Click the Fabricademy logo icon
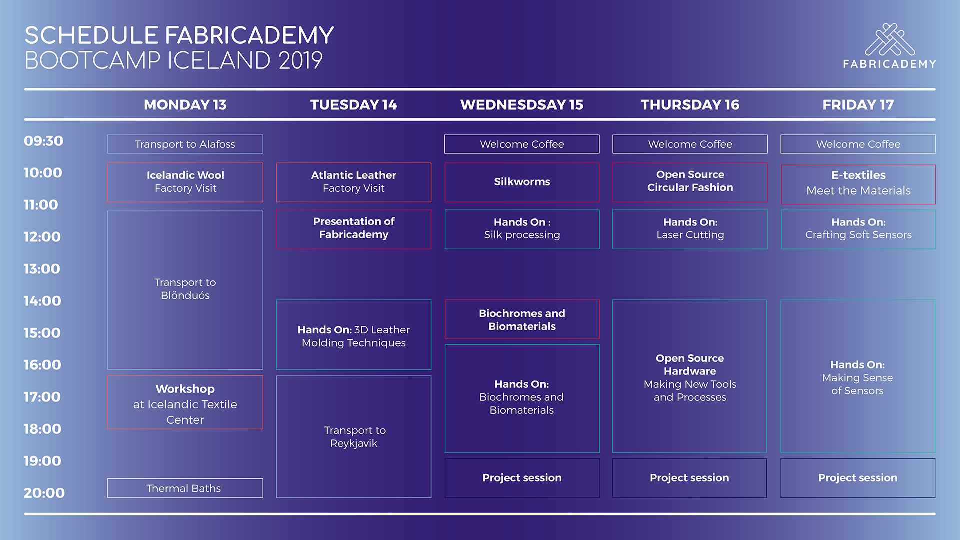pos(890,40)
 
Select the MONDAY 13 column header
pos(185,105)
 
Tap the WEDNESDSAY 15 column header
pos(521,105)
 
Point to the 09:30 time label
pos(43,141)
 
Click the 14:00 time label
pos(42,301)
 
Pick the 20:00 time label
pos(44,493)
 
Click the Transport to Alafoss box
pos(185,144)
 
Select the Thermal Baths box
pos(185,488)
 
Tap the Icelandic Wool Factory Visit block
pos(185,182)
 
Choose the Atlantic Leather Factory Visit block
pos(353,182)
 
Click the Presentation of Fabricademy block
pos(353,229)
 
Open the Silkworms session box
pos(522,182)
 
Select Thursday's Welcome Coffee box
pos(690,144)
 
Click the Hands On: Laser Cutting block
pos(690,229)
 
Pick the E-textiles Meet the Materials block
pos(858,184)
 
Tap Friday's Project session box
pos(858,478)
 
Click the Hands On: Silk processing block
pos(522,229)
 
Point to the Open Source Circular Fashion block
pos(690,182)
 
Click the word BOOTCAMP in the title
pos(92,61)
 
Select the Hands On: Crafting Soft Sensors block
pos(858,229)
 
